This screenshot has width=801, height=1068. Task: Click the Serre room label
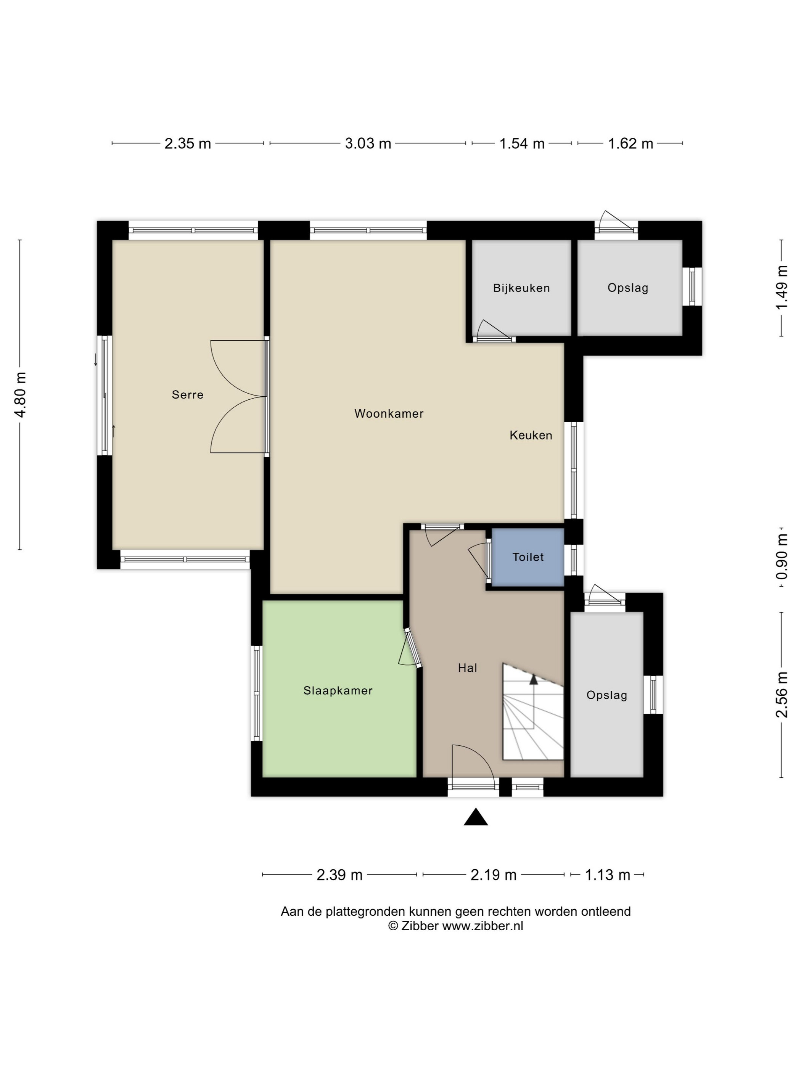pos(187,394)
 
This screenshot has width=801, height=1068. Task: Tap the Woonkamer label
pos(389,413)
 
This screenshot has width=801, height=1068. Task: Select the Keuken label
pos(531,435)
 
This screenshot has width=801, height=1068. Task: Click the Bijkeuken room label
pos(521,288)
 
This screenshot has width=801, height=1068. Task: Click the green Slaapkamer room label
pos(338,690)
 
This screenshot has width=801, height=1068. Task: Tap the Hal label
pos(467,668)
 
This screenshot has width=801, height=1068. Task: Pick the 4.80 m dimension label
pos(20,394)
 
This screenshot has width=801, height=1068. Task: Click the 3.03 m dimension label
pos(368,143)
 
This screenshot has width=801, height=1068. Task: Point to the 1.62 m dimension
pos(630,143)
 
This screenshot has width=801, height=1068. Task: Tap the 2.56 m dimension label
pos(781,694)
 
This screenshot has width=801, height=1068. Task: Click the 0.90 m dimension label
pos(781,557)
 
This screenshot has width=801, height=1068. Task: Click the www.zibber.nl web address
pos(483,926)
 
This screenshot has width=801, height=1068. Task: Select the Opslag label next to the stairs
pos(607,695)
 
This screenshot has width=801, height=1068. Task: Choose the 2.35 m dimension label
pos(188,143)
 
